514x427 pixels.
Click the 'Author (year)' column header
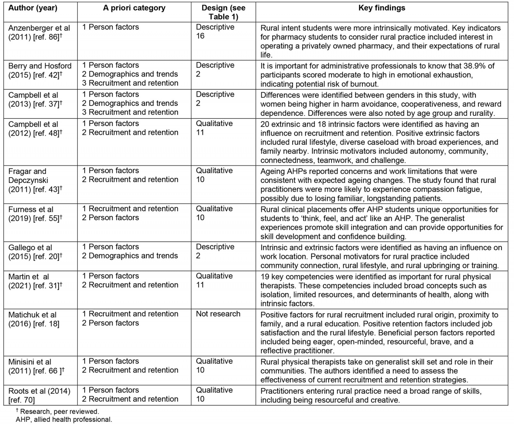(33, 8)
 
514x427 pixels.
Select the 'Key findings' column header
(382, 8)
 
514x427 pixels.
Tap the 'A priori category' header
(134, 8)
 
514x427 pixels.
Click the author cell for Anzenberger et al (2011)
(39, 32)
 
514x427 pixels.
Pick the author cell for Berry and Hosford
(40, 70)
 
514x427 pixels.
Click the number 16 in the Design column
(200, 36)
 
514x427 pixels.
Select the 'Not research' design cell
(218, 314)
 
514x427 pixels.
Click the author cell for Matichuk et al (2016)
(34, 319)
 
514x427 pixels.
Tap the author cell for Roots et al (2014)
(39, 396)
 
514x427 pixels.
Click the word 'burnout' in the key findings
(364, 84)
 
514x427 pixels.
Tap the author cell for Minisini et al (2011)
(36, 366)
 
